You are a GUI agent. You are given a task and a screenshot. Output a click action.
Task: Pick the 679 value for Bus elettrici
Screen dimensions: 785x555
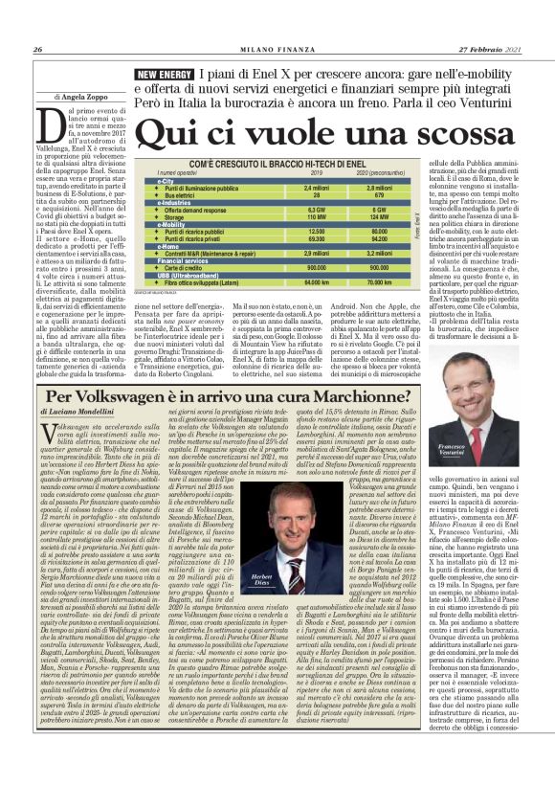[380, 193]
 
